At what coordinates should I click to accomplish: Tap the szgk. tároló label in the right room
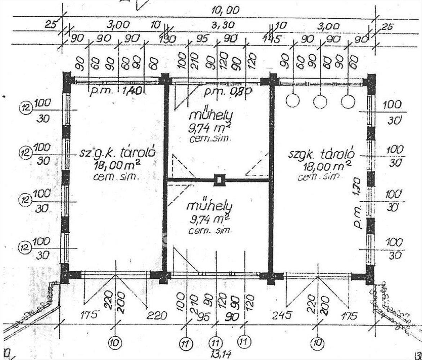(321, 154)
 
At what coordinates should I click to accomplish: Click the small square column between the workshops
(219, 180)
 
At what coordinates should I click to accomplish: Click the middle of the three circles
(320, 102)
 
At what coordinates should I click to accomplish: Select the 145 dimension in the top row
(272, 39)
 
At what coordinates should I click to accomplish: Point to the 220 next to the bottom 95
(157, 316)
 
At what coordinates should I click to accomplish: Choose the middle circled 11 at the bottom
(215, 343)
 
